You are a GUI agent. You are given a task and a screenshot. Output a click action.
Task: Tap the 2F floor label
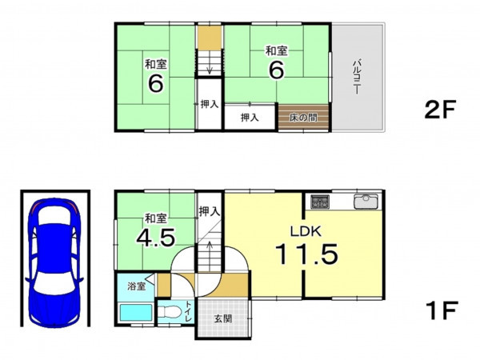(x=440, y=110)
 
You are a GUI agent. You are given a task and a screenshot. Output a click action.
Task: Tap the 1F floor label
(x=442, y=310)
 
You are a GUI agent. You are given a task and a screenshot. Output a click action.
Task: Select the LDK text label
(x=306, y=231)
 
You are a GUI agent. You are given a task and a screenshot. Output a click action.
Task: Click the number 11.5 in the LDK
(x=306, y=254)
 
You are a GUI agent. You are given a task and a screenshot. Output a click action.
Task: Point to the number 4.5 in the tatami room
(x=155, y=238)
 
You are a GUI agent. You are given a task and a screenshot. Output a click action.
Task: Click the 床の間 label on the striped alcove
(x=303, y=118)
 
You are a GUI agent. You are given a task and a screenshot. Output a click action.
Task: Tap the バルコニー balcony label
(x=357, y=77)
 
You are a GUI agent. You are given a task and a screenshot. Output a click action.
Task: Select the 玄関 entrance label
(x=223, y=318)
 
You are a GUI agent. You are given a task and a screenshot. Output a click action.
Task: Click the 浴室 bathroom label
(x=137, y=287)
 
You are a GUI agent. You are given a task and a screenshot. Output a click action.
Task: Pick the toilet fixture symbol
(x=169, y=312)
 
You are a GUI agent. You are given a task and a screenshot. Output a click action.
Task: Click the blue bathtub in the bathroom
(x=136, y=312)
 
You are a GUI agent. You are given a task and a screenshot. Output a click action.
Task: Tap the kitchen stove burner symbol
(x=320, y=202)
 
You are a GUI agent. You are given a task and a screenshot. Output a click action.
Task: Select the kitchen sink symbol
(x=366, y=202)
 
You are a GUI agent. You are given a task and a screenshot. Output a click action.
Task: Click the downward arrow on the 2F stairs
(x=210, y=66)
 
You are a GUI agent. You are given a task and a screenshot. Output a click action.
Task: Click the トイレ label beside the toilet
(x=189, y=311)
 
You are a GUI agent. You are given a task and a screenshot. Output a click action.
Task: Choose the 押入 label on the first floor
(x=210, y=211)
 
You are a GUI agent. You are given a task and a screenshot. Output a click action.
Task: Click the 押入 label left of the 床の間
(x=250, y=118)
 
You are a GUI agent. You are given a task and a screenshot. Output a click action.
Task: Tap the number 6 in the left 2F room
(x=155, y=83)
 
